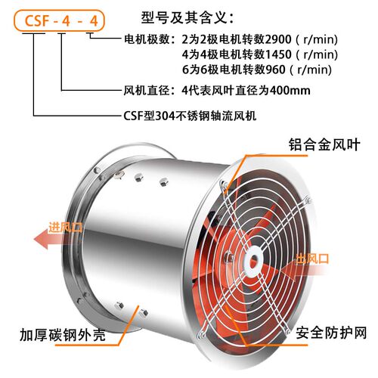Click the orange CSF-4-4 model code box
point(59,20)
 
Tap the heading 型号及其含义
point(187,17)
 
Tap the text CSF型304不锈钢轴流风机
point(190,116)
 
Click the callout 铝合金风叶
point(324,144)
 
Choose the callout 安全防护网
point(331,333)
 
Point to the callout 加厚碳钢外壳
point(63,335)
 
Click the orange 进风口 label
point(66,228)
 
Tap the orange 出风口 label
point(312,259)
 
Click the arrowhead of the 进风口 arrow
point(41,240)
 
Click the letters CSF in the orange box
point(36,20)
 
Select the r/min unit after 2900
point(321,39)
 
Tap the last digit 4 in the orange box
point(94,21)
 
